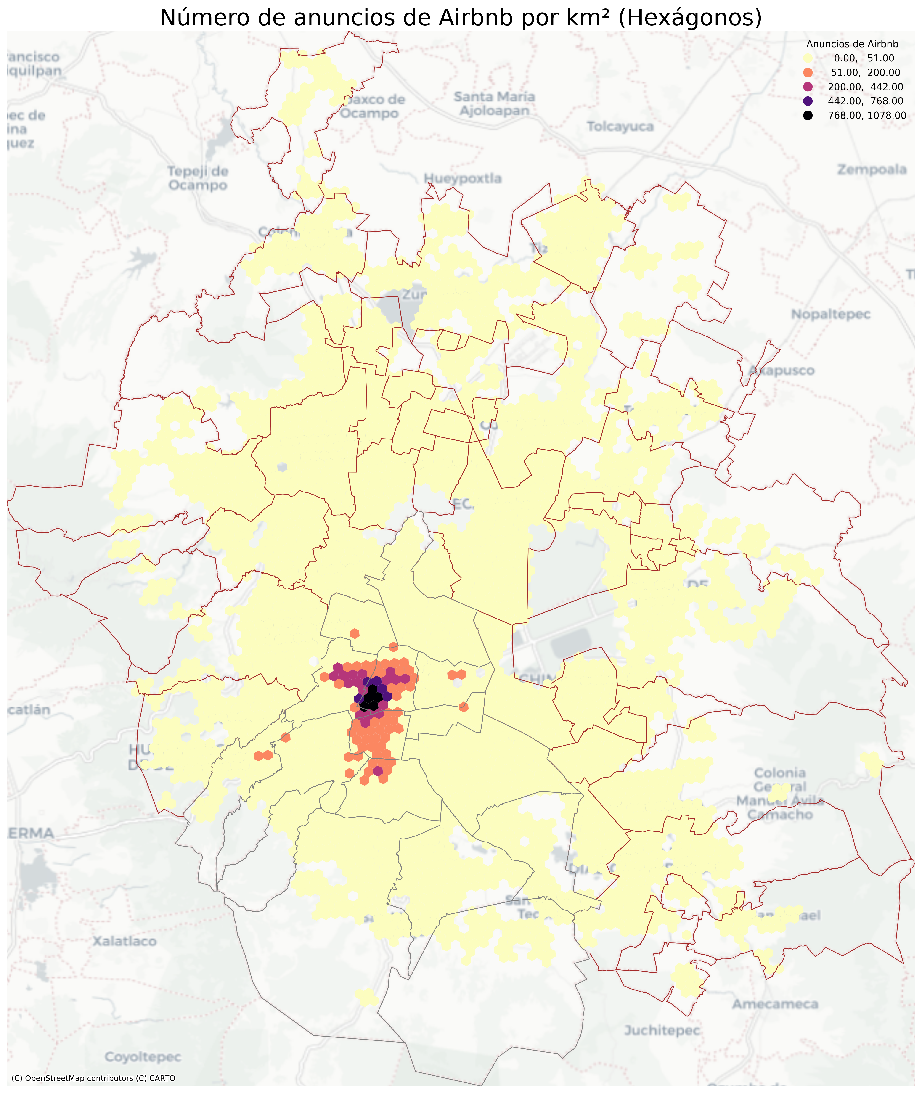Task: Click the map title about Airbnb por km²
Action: click(x=461, y=18)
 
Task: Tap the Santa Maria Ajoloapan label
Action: click(x=494, y=103)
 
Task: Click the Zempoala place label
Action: click(x=871, y=169)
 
